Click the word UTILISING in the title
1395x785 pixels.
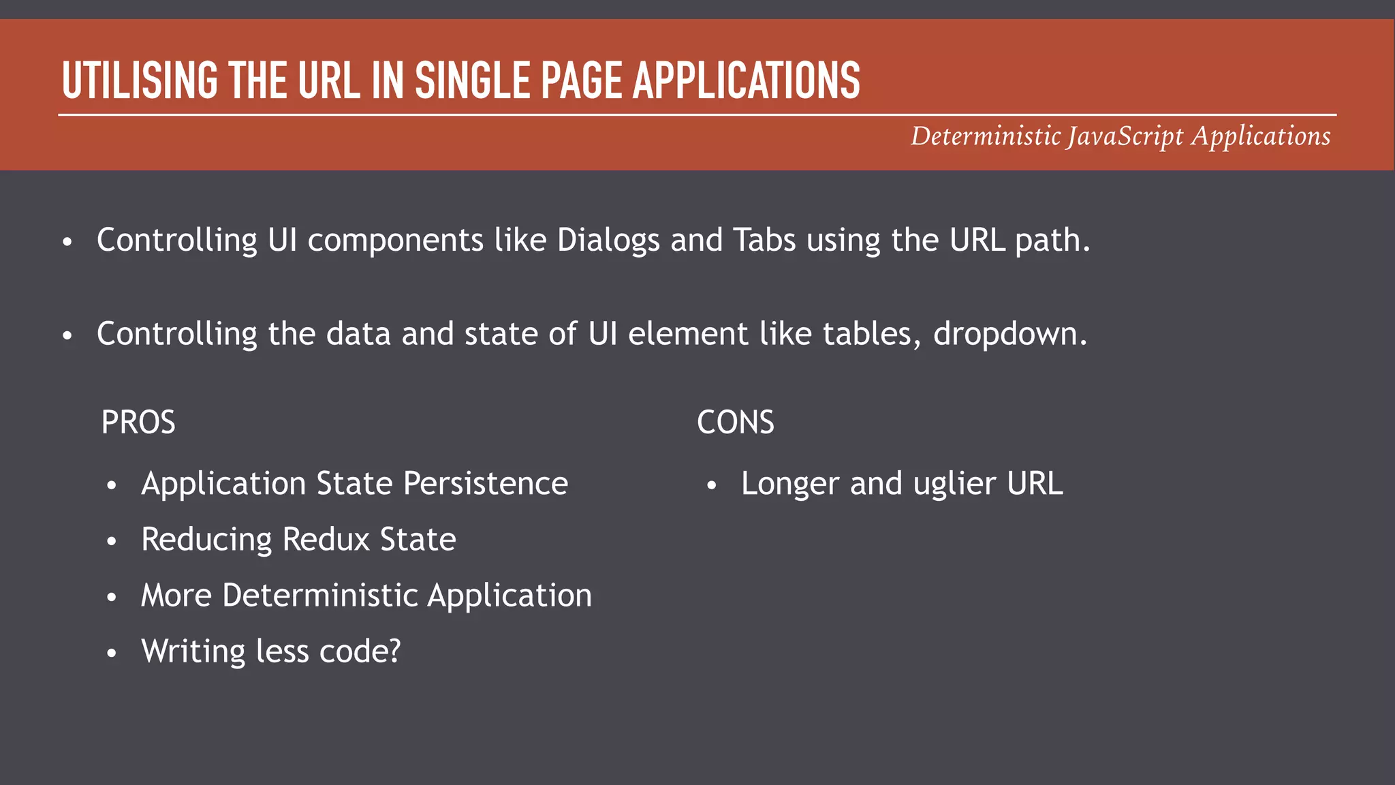pyautogui.click(x=140, y=80)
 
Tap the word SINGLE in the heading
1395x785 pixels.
pyautogui.click(x=473, y=80)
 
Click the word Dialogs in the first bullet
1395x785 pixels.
pyautogui.click(x=608, y=241)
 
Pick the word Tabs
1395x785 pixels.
pyautogui.click(x=764, y=240)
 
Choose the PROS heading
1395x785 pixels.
pyautogui.click(x=138, y=422)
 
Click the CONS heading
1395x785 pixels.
pyautogui.click(x=736, y=422)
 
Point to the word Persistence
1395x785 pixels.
pyautogui.click(x=485, y=484)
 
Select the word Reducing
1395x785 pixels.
pyautogui.click(x=206, y=540)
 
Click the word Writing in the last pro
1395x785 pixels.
pyautogui.click(x=193, y=651)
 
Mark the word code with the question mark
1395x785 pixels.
pyautogui.click(x=360, y=651)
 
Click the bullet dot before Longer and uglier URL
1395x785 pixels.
pyautogui.click(x=712, y=486)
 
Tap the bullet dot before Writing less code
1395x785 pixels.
pyautogui.click(x=112, y=653)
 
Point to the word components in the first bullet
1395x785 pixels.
pyautogui.click(x=395, y=241)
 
